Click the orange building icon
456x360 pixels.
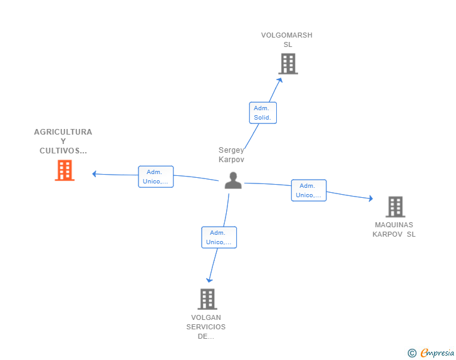click(65, 170)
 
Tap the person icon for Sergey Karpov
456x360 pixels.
click(233, 180)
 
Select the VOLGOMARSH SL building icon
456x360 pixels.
click(288, 64)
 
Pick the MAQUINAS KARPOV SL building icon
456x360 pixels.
click(395, 207)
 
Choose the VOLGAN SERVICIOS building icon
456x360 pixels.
click(207, 299)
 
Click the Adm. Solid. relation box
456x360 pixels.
click(263, 113)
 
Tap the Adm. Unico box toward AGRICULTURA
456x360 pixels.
click(156, 177)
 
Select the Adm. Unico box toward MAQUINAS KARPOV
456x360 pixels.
click(309, 190)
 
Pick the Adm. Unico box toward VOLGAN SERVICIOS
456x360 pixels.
click(219, 237)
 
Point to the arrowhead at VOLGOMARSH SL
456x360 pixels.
click(280, 80)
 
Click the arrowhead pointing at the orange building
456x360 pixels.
click(94, 174)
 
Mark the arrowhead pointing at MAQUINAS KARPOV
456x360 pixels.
click(371, 198)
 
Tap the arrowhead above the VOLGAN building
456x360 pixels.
click(209, 280)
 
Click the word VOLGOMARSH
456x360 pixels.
click(286, 35)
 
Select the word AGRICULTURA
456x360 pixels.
click(63, 132)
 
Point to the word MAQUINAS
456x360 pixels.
click(394, 225)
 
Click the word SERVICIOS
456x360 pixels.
click(206, 327)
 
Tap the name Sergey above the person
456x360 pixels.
click(231, 150)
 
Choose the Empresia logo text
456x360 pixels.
click(437, 353)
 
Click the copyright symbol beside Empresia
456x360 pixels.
click(412, 353)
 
